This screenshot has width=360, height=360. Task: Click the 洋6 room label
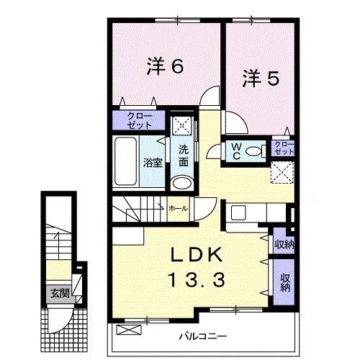coord(165,67)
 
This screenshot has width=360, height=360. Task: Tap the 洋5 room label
coord(259,78)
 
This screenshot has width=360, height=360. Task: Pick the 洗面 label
coord(184,156)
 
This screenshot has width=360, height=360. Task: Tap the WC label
coord(235,151)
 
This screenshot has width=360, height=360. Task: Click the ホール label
coord(178,208)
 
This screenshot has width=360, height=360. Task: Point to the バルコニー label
coord(203,336)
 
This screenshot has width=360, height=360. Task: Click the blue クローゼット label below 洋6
coord(139,120)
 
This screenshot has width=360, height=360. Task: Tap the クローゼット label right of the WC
coord(284,150)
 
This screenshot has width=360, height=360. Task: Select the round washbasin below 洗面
coord(184,183)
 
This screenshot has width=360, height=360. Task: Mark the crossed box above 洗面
coord(183,125)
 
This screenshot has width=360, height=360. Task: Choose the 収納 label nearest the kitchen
coord(282,243)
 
